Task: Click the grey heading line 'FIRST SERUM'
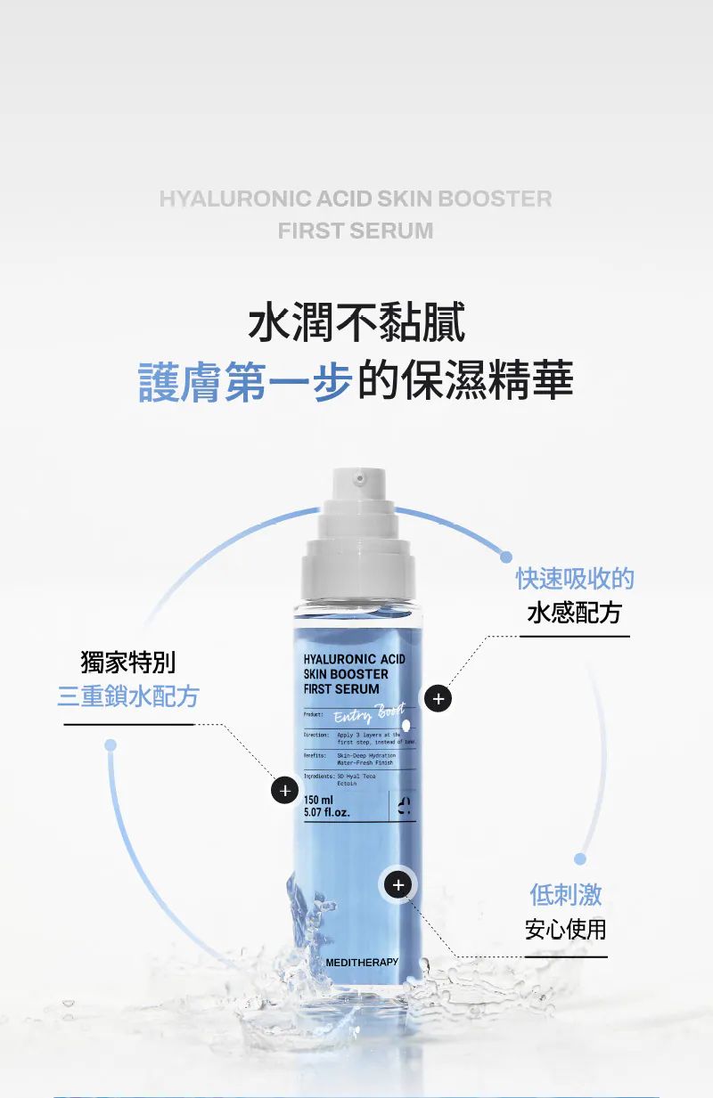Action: click(356, 231)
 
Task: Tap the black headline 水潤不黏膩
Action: click(356, 322)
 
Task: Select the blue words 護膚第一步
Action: click(245, 381)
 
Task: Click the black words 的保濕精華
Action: click(465, 381)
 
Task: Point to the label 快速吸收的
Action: click(575, 578)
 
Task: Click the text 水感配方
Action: click(575, 613)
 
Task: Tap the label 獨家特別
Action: click(128, 663)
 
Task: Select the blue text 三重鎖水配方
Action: click(128, 696)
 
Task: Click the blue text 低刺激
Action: click(566, 894)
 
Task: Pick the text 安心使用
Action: click(566, 930)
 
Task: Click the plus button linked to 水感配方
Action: click(437, 699)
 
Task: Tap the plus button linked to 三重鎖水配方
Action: click(284, 790)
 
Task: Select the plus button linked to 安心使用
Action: click(398, 884)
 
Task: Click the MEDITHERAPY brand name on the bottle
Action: click(362, 963)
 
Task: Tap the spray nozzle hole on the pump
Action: click(358, 479)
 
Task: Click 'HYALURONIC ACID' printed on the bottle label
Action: click(354, 659)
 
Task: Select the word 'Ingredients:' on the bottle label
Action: click(318, 777)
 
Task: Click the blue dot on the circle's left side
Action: click(111, 744)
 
